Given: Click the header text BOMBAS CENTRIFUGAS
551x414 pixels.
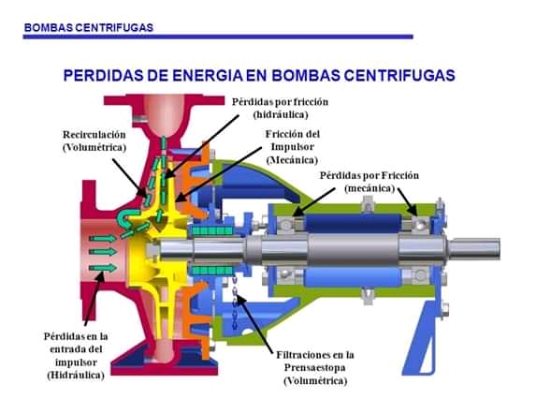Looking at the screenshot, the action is [x=89, y=28].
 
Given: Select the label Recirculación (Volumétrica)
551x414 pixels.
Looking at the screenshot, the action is [x=94, y=140].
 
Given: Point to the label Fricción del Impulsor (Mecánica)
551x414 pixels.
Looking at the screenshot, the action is [x=293, y=147].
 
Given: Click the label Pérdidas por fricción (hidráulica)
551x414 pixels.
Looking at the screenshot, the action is [x=280, y=108].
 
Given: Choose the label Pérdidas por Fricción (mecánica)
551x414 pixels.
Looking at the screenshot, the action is [x=369, y=182].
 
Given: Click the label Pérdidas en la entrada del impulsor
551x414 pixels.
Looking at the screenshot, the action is [x=76, y=355].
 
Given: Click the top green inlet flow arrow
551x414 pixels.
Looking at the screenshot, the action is [x=102, y=239].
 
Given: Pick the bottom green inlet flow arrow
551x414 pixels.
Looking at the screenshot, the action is [x=102, y=268].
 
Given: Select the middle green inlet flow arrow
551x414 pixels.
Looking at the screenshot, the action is [x=102, y=252].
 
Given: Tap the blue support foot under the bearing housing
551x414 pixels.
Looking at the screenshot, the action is [x=425, y=339].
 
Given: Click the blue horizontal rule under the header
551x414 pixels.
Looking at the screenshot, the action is [x=218, y=37].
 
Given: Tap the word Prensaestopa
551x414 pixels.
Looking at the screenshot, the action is [x=315, y=367].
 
